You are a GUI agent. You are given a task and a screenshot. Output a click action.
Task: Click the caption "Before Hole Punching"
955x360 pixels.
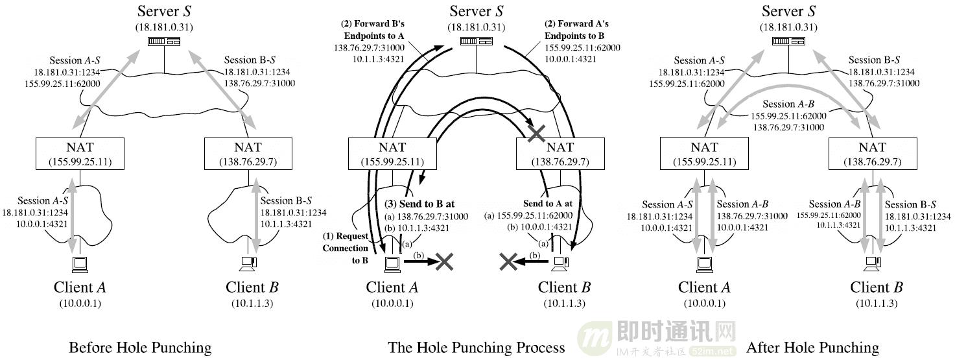[140, 348]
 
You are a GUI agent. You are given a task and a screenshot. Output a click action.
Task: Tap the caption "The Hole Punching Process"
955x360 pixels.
[477, 348]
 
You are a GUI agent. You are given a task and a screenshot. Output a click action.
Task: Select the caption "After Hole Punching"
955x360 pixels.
[812, 348]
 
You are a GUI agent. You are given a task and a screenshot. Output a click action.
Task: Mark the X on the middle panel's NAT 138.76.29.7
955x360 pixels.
[536, 134]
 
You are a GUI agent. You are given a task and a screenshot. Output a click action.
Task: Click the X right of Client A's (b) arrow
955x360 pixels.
[444, 261]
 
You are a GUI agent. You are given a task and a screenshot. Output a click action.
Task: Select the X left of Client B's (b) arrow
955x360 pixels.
[509, 261]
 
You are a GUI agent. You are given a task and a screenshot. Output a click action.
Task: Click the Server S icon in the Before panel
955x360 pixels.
[165, 42]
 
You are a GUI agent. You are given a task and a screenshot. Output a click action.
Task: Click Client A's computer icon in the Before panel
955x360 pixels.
[80, 263]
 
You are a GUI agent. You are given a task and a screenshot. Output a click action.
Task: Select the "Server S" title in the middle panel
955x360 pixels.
[476, 11]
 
